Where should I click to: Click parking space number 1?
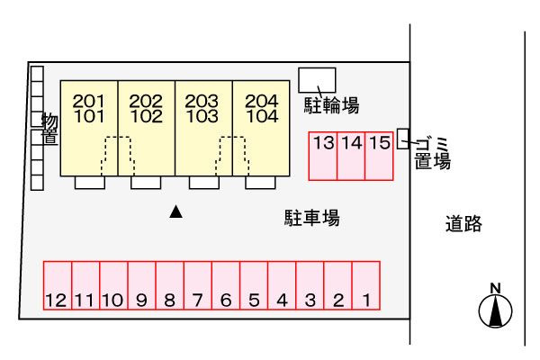point(366,285)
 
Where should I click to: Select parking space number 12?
point(57,285)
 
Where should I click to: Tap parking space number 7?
point(198,285)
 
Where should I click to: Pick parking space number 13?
point(324,155)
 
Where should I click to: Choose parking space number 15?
point(380,155)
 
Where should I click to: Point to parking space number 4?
point(282,285)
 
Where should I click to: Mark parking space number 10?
point(113,285)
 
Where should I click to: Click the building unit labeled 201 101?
point(89,127)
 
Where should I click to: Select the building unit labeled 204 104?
point(262,127)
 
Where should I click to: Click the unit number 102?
point(146,116)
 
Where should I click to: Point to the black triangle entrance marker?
point(176,212)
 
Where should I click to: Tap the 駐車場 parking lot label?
point(312,218)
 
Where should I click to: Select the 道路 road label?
point(463,225)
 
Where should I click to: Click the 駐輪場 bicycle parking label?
point(331,106)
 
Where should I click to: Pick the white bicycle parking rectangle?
point(317,77)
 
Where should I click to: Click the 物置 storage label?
point(49,127)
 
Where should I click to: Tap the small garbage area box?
point(402,139)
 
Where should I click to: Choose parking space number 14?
point(352,155)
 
